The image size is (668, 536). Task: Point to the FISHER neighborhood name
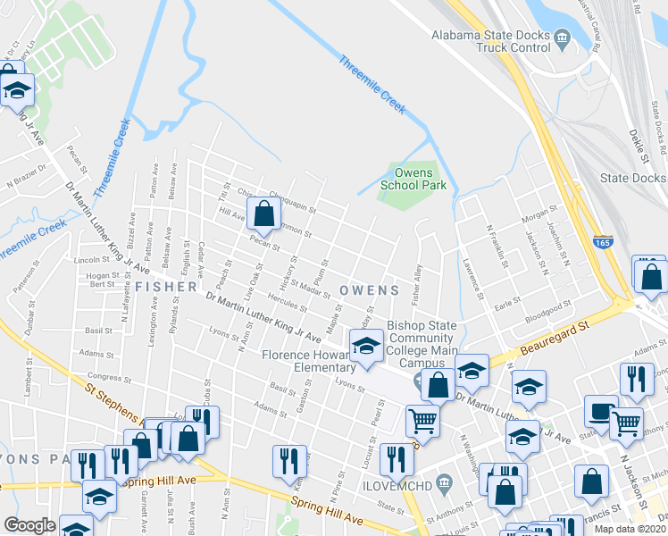(167, 287)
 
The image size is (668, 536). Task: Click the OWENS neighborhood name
(369, 290)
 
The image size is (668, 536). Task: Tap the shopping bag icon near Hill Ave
(263, 214)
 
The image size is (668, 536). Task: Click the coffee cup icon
(601, 411)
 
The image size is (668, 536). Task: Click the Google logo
(29, 525)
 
